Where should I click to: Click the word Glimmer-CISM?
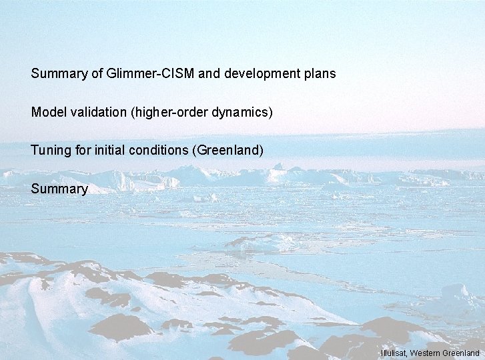[x=150, y=73]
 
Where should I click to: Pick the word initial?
[x=113, y=151]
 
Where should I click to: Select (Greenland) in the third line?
[x=227, y=151]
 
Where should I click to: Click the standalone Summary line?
[x=59, y=189]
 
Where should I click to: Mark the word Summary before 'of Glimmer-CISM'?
[x=59, y=73]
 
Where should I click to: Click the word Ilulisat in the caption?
[x=394, y=353]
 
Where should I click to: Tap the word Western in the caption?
[x=426, y=353]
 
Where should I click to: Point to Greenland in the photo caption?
[x=460, y=353]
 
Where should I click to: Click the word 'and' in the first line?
[x=209, y=73]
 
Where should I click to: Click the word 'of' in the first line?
[x=97, y=73]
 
